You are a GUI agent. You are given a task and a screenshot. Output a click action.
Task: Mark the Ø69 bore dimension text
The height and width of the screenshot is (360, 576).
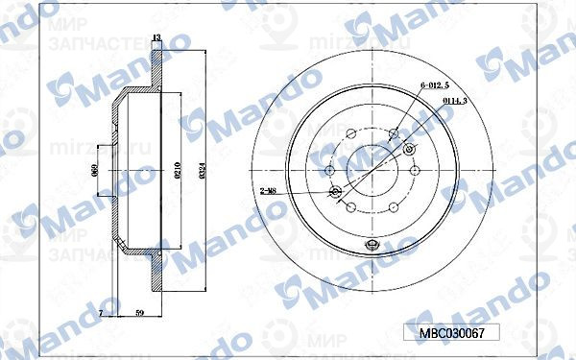coord(95,170)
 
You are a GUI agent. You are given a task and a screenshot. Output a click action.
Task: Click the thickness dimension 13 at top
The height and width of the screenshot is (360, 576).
coord(156,37)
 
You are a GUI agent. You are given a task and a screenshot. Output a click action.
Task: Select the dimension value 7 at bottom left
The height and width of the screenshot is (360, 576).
coord(101,313)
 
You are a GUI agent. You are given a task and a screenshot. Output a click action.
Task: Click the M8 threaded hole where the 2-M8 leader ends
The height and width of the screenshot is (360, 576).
coord(335,194)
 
